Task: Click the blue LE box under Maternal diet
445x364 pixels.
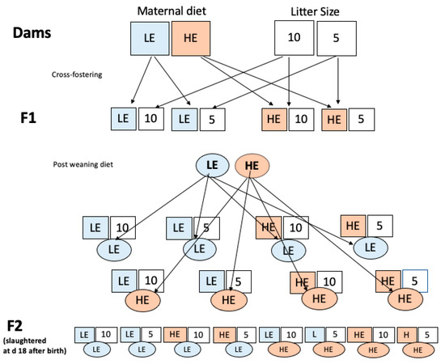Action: [x=150, y=37]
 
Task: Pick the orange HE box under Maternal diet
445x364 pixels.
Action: [x=191, y=37]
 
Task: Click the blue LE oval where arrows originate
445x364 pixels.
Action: [x=214, y=166]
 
